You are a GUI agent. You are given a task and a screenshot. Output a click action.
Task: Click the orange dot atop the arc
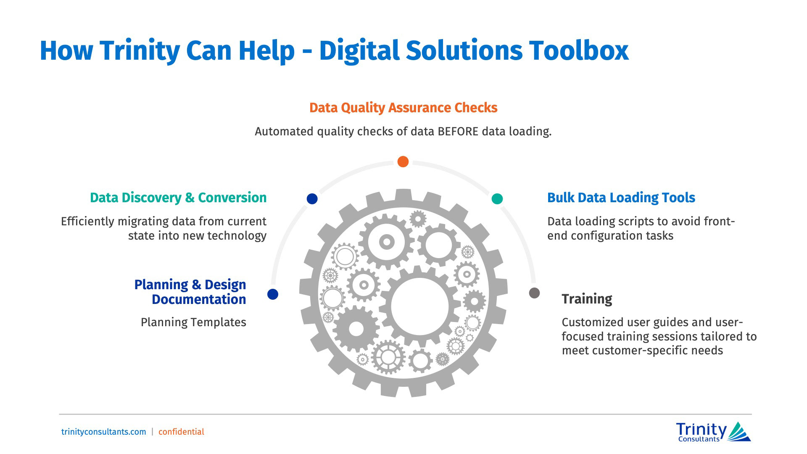click(x=403, y=161)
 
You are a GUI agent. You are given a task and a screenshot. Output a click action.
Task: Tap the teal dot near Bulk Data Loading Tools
click(x=497, y=199)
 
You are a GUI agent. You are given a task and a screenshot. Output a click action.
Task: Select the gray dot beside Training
click(x=534, y=293)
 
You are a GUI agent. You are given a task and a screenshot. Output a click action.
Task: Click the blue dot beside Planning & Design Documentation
click(x=273, y=294)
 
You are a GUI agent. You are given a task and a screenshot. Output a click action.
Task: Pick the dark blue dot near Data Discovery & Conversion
click(x=312, y=199)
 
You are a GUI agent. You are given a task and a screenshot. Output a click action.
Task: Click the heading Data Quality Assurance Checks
click(x=403, y=108)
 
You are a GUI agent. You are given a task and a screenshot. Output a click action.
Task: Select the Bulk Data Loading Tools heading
click(x=621, y=198)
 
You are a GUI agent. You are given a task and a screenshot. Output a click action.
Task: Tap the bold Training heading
click(x=587, y=299)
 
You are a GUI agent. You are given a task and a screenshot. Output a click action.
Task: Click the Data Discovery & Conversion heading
click(x=178, y=198)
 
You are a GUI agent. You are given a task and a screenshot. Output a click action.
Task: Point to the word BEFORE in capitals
click(x=458, y=132)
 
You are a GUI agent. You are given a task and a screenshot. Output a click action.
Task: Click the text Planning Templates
click(x=193, y=322)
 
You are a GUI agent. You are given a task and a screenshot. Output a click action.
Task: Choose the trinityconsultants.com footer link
click(x=104, y=432)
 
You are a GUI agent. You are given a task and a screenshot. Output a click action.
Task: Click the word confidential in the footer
click(x=181, y=432)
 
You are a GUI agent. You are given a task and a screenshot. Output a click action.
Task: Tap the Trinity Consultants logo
click(x=713, y=432)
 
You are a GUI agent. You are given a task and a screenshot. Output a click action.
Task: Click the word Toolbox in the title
click(x=578, y=50)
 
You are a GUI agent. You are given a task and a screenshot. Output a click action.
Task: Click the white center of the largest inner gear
click(x=419, y=306)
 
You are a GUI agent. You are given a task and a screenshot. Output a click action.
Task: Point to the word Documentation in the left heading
click(x=199, y=299)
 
